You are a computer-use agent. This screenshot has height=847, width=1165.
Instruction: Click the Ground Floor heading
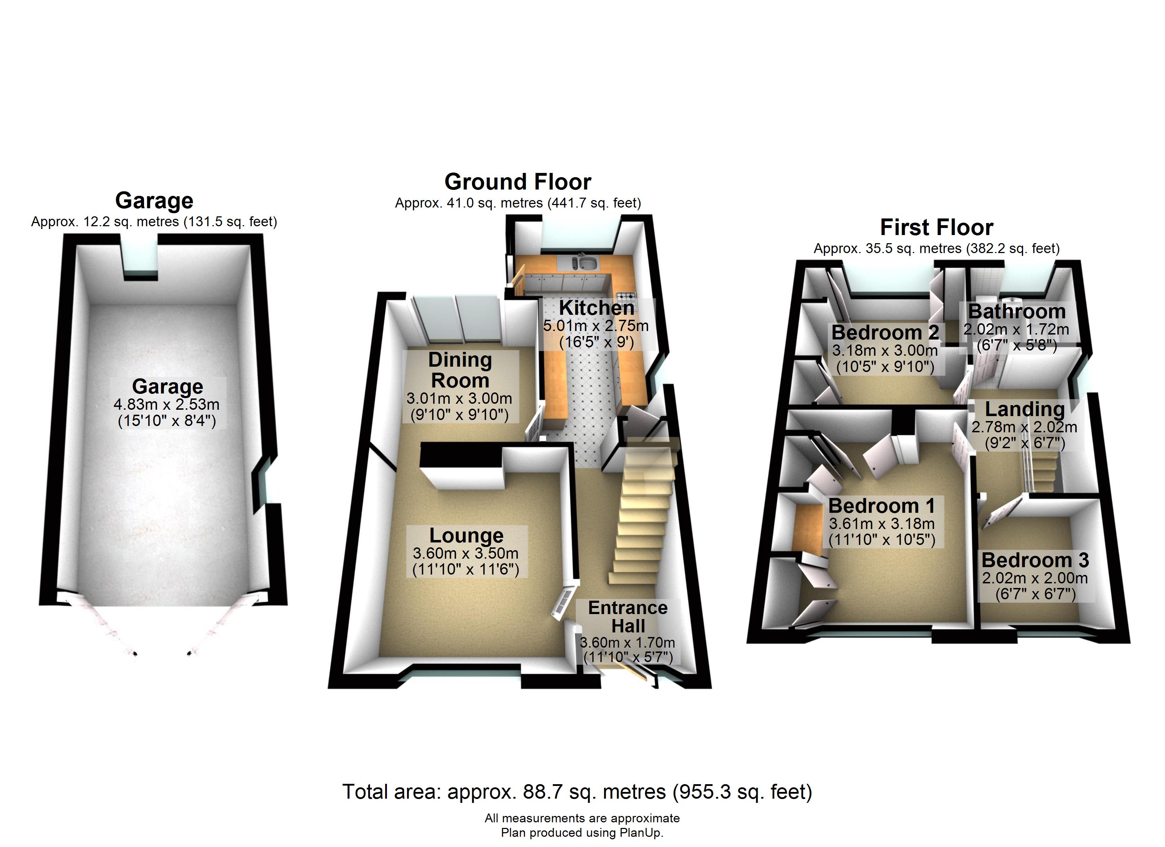518,182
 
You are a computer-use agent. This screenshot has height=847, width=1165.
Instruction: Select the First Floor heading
937,227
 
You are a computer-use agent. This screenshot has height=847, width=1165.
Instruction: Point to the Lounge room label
466,535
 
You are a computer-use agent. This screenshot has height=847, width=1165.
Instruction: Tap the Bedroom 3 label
1035,560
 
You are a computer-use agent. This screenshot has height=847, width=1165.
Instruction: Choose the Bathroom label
1016,311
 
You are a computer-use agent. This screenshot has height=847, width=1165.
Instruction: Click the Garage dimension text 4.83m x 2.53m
166,404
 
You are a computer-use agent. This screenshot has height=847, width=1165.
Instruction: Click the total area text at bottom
577,792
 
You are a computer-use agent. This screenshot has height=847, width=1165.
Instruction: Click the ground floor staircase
642,513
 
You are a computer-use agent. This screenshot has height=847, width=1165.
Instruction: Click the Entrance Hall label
628,617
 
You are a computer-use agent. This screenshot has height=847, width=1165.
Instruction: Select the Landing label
1025,409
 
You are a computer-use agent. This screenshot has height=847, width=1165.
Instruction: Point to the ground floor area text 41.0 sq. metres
518,203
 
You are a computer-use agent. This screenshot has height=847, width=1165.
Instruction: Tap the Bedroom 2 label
885,332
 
